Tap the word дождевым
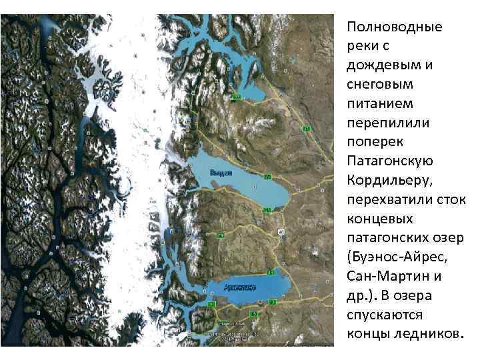(383, 66)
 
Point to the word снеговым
(380, 85)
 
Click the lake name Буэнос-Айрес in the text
(406, 257)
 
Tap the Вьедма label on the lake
(220, 172)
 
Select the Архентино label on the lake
(239, 288)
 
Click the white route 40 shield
(281, 232)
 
